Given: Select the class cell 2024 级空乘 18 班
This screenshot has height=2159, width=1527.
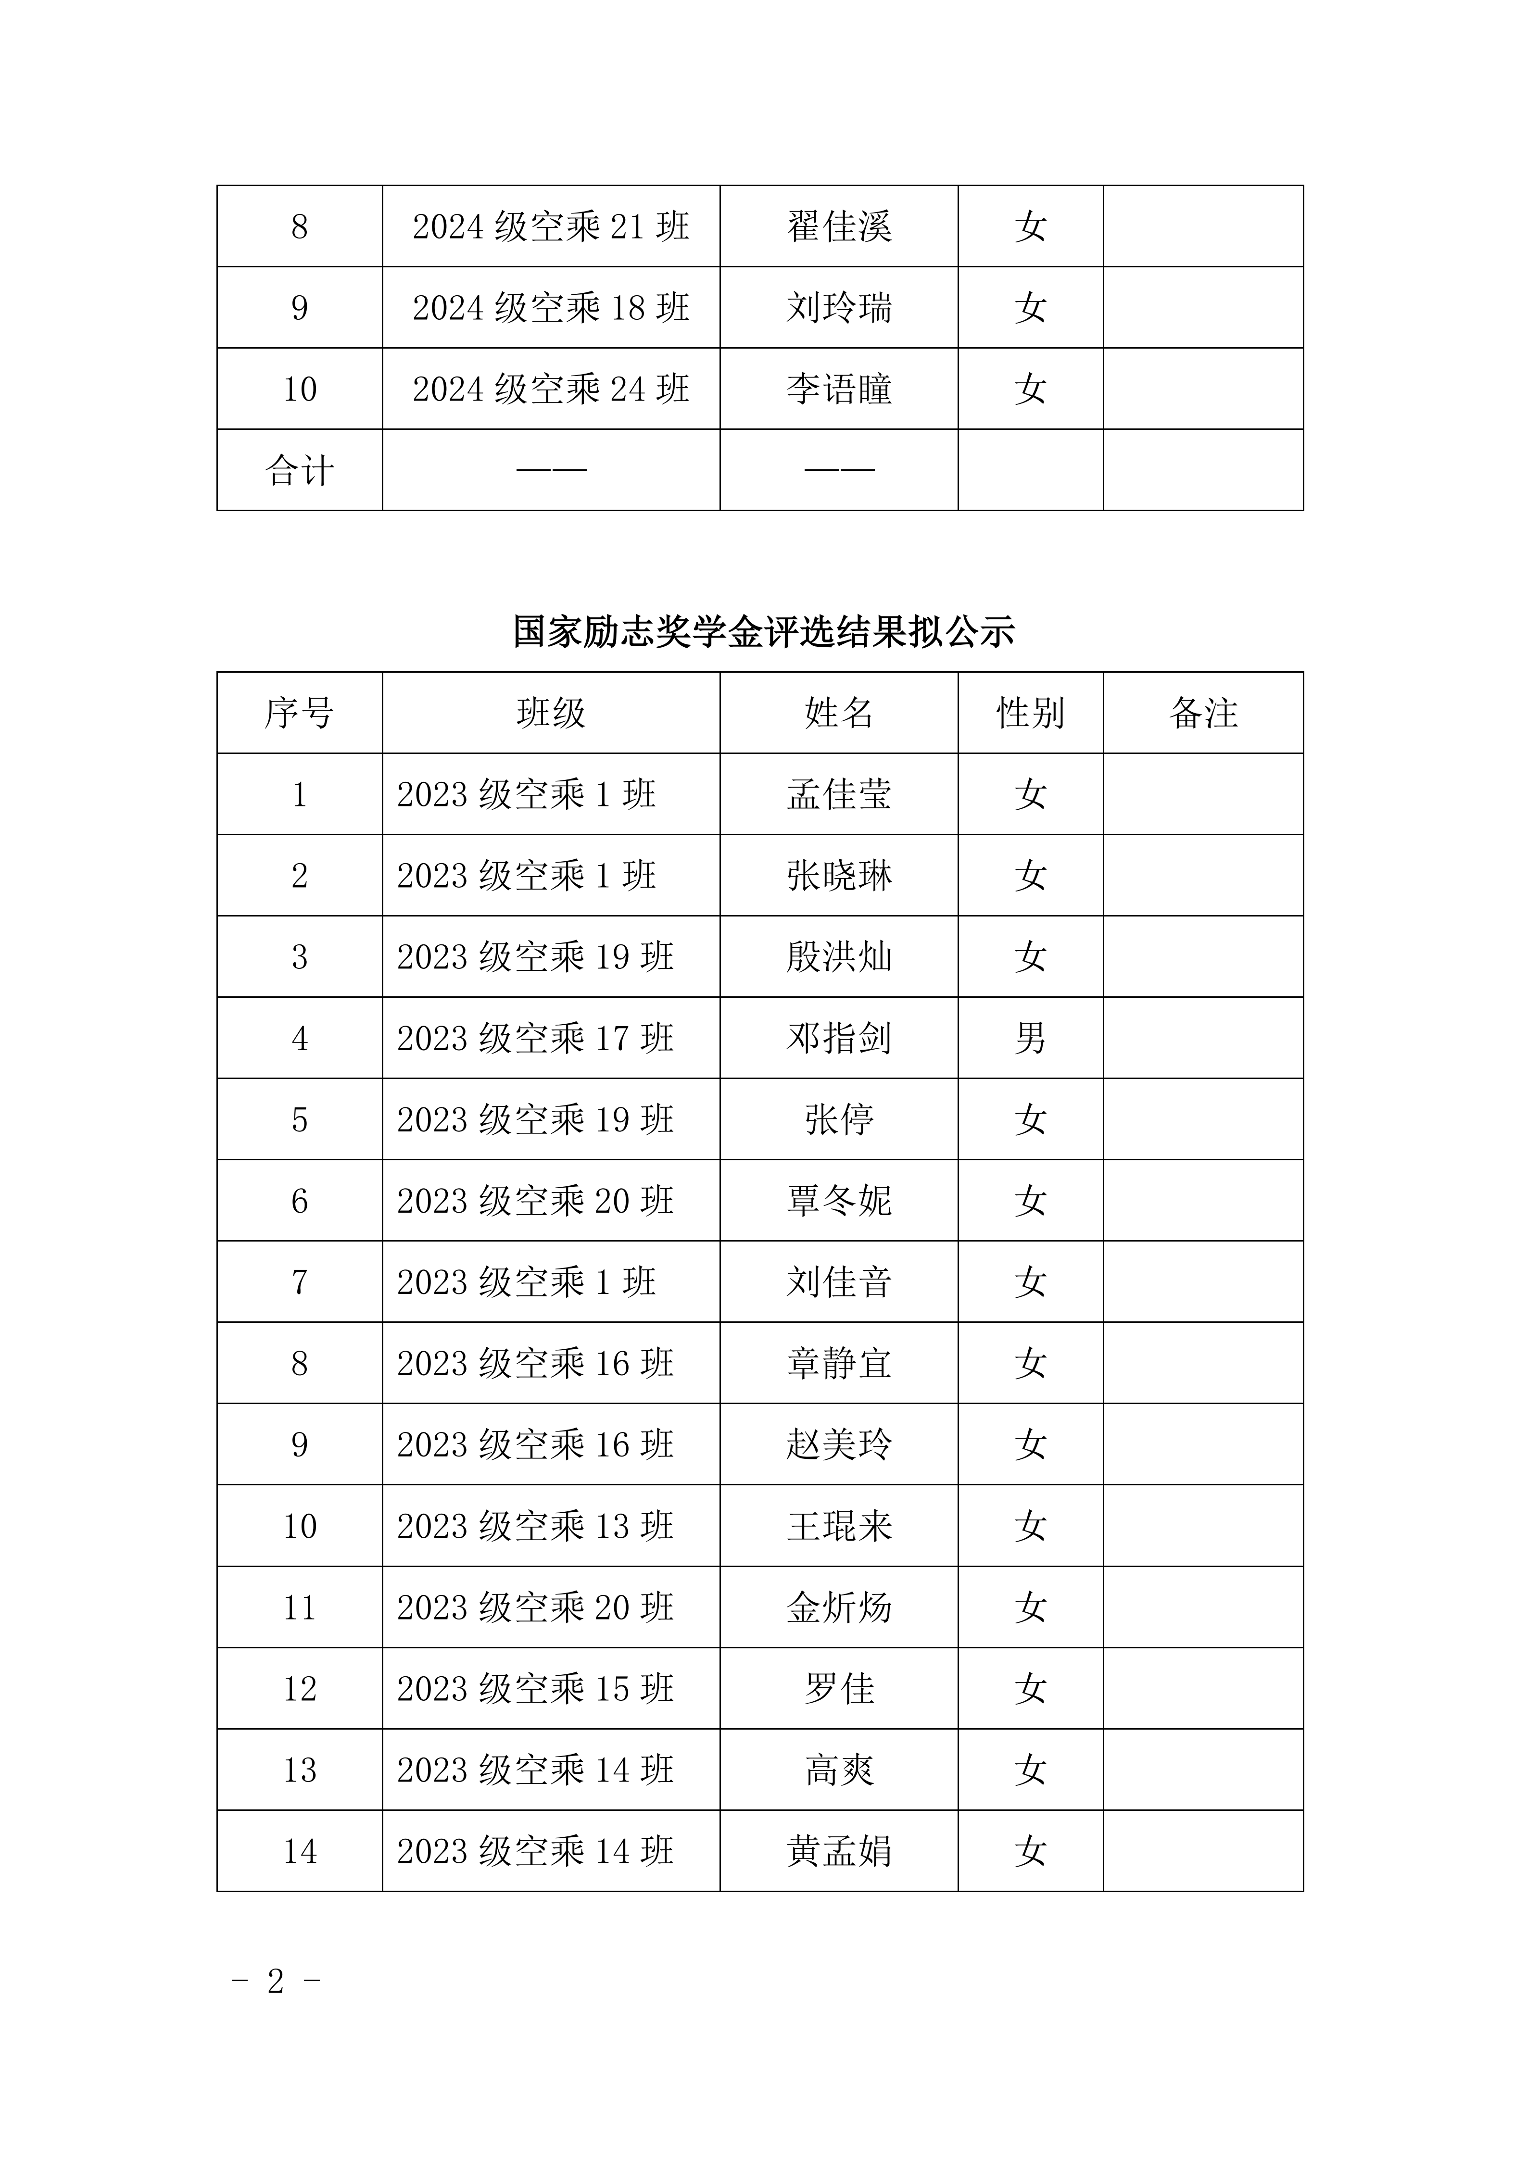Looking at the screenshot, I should click(x=551, y=307).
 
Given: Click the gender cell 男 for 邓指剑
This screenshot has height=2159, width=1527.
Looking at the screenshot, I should click(x=1031, y=1038).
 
